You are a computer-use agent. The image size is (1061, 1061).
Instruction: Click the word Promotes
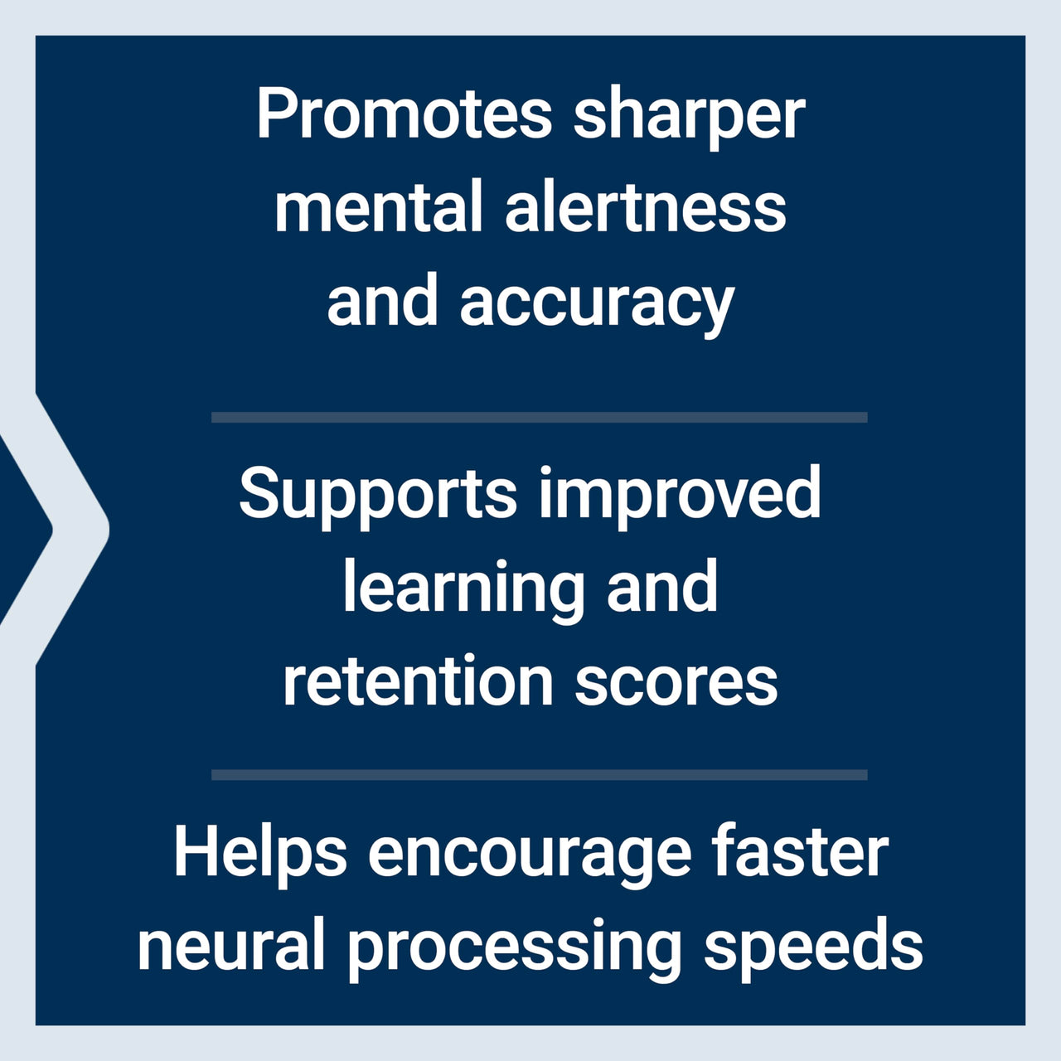coord(404,114)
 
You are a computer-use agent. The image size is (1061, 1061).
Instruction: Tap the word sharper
coord(689,117)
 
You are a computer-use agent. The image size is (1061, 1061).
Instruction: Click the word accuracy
coord(597,303)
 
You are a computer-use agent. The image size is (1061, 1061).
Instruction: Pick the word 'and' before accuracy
coord(382,300)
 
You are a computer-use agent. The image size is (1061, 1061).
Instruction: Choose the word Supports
coord(378,496)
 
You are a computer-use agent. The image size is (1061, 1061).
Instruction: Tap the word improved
coord(680,496)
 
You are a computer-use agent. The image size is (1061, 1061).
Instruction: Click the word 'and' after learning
coord(662,587)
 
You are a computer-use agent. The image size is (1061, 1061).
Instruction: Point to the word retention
coord(418,681)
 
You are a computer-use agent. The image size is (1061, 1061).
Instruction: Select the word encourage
coord(529,857)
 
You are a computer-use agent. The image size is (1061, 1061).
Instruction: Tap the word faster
coord(801,854)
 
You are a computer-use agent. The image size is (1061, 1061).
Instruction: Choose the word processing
coord(514,950)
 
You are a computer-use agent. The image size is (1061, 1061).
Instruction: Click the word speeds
coord(813,948)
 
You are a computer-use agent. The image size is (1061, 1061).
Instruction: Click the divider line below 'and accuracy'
coord(539,418)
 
